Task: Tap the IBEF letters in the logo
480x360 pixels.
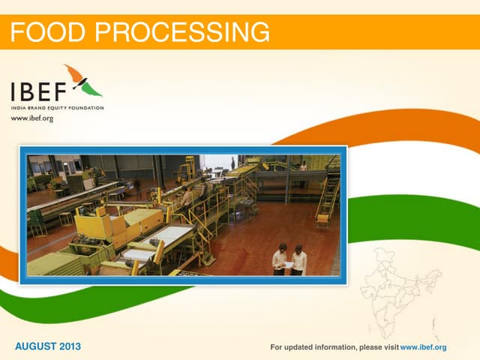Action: tap(37, 91)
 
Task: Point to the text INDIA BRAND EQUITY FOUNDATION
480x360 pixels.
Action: tap(57, 108)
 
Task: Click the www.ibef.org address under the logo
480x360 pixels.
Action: tap(32, 118)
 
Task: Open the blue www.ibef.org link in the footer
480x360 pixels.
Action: tap(424, 347)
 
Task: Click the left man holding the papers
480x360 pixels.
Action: tap(280, 259)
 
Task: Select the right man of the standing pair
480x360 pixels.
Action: tap(299, 259)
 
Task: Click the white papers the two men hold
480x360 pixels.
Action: tap(289, 264)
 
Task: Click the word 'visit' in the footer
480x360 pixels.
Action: tap(391, 347)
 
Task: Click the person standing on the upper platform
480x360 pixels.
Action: tap(303, 165)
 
